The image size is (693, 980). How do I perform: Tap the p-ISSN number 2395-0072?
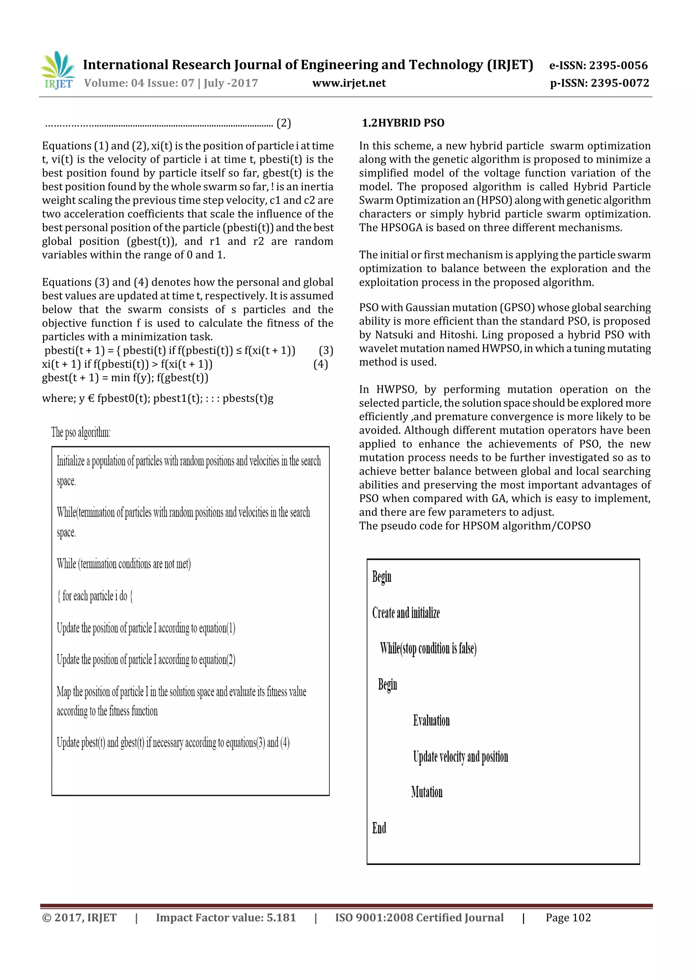[620, 83]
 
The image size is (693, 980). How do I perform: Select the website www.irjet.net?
[349, 83]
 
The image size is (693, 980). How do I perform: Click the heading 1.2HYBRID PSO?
[403, 123]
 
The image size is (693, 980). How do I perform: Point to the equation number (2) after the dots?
[284, 123]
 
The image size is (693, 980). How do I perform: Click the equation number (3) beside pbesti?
[326, 350]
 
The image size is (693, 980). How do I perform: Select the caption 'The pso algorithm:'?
[81, 432]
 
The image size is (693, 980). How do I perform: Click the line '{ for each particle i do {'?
[95, 596]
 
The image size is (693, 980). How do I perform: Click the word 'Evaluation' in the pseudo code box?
[431, 721]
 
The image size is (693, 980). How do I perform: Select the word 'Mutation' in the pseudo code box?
[427, 792]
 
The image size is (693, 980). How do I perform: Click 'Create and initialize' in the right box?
[406, 613]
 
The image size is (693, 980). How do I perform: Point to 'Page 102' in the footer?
[568, 918]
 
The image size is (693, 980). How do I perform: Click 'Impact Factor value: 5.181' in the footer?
[225, 918]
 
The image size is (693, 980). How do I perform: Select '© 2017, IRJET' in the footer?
[80, 918]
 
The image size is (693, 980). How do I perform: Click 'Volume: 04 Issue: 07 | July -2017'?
[171, 83]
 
